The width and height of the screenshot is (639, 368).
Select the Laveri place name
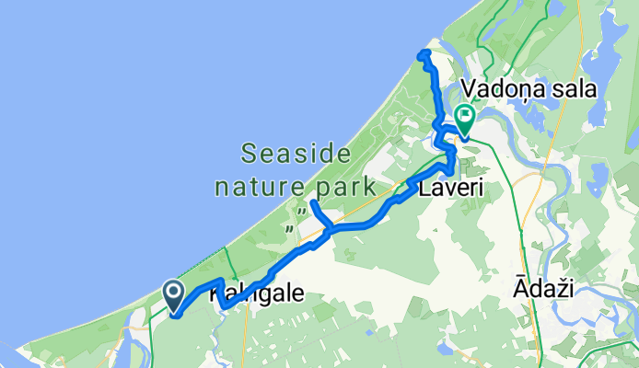[x=452, y=190]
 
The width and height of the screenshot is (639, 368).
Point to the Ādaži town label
[x=543, y=290]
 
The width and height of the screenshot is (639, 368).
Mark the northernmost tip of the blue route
[x=424, y=54]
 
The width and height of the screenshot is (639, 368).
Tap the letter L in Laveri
[x=425, y=190]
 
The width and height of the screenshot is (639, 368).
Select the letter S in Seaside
[x=249, y=151]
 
